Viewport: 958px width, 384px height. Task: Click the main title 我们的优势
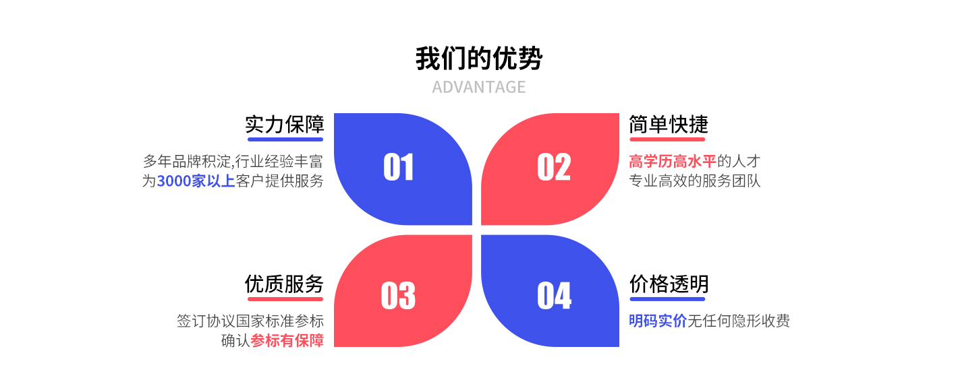pos(479,59)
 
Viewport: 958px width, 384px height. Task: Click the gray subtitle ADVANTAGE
pos(478,87)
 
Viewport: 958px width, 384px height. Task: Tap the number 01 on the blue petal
pos(398,167)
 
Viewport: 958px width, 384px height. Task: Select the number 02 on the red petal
pos(554,167)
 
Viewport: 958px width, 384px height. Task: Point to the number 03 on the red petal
pos(398,296)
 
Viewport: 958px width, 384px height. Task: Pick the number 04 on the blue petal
pos(555,296)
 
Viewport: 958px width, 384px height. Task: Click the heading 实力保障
pos(285,125)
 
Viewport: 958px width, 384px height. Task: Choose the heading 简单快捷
pos(669,125)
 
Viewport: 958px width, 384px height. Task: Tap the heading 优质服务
pos(285,284)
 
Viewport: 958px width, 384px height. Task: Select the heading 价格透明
pos(669,284)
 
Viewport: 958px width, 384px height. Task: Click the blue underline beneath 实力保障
pos(285,139)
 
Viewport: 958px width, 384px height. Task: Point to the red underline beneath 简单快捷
pos(667,139)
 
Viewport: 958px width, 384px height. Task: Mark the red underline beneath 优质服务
pos(285,299)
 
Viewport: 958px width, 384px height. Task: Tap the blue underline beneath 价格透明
pos(667,299)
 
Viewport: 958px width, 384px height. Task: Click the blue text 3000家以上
pos(196,181)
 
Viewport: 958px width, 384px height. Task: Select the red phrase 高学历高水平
pos(673,162)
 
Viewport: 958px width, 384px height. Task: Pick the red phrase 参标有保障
pos(287,341)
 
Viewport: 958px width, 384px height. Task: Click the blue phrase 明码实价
pos(658,321)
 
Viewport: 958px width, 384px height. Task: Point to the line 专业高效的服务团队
pos(695,181)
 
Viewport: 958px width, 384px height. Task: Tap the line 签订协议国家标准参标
pos(250,321)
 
